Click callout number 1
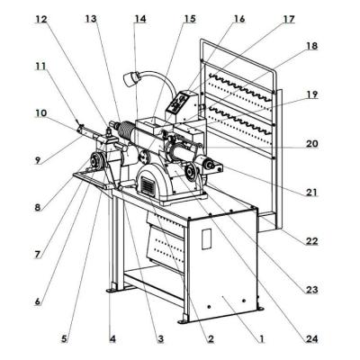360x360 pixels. click(262, 339)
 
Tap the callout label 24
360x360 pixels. click(311, 339)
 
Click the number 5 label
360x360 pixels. click(64, 339)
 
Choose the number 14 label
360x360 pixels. click(139, 18)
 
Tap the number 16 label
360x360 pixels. click(238, 18)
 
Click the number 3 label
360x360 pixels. click(160, 339)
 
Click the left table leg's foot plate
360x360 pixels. click(111, 290)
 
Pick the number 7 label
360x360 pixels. click(39, 255)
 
